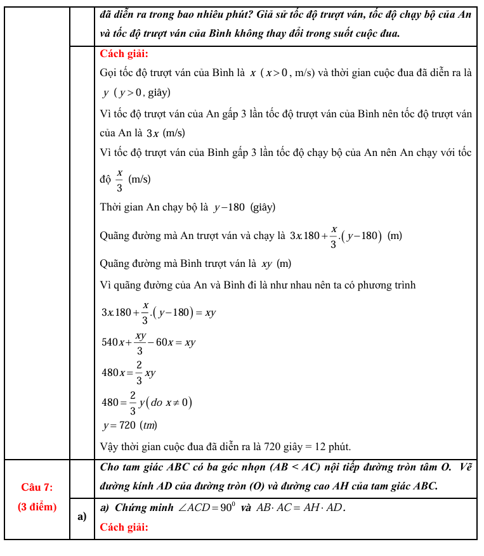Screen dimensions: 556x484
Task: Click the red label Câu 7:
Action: click(37, 487)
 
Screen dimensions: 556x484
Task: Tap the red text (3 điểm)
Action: click(37, 507)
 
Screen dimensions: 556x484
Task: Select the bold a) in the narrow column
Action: click(82, 517)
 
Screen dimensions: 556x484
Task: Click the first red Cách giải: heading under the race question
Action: click(124, 54)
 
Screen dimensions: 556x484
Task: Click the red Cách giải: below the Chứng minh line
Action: click(124, 527)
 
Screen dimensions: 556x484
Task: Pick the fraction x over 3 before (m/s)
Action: click(119, 179)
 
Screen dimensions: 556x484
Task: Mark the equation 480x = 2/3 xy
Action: click(128, 373)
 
